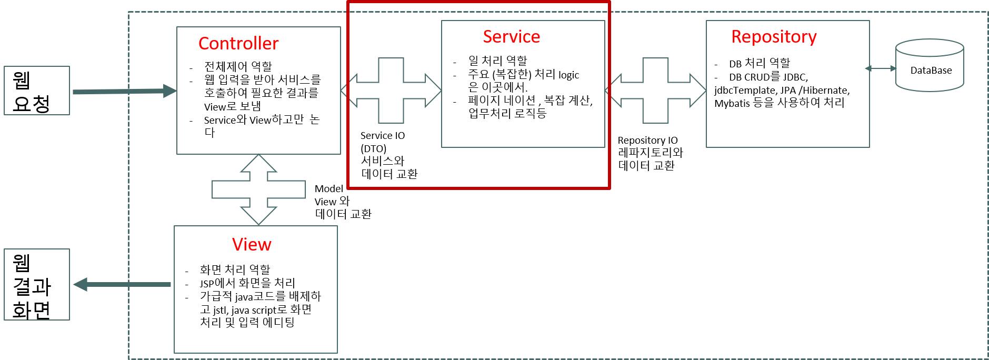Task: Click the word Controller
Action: click(238, 43)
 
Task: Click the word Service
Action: click(511, 36)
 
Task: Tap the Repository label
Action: click(774, 37)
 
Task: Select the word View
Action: click(252, 244)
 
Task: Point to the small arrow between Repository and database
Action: click(881, 68)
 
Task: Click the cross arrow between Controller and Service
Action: click(391, 91)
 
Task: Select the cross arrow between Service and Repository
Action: click(655, 91)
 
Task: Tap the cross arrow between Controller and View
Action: click(258, 189)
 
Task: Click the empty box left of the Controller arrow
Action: click(37, 91)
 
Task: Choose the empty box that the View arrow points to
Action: click(37, 284)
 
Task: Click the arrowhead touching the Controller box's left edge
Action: click(170, 91)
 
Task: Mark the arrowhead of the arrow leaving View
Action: click(80, 285)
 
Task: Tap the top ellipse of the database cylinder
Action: click(930, 47)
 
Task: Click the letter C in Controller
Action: click(204, 43)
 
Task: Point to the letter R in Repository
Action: click(737, 36)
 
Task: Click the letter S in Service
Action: click(487, 36)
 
